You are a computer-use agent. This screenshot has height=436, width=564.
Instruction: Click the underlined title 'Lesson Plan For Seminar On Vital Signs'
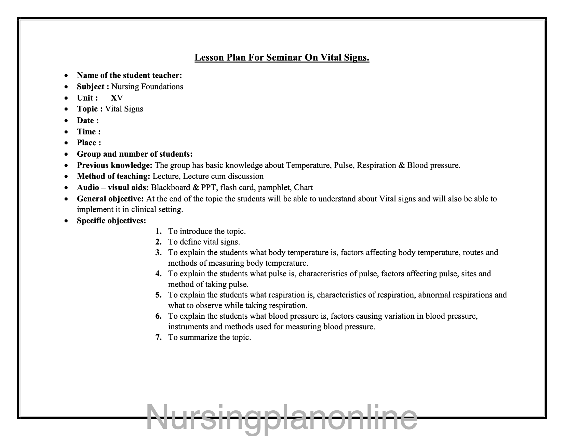coord(282,57)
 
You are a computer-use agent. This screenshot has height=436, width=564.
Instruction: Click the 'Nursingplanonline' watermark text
coord(282,417)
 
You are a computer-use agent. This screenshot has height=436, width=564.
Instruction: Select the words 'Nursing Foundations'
coord(147,87)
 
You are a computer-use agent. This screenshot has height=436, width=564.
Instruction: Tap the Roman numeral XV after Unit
coord(117,98)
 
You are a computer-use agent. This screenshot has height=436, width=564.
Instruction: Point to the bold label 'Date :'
coord(88,120)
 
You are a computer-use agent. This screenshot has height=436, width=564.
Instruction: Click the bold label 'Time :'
coord(89,132)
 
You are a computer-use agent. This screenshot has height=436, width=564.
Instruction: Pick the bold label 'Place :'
coord(89,143)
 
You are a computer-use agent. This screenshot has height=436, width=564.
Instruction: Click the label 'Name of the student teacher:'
coord(129,75)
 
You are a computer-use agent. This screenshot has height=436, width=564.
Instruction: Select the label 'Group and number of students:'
coord(135,154)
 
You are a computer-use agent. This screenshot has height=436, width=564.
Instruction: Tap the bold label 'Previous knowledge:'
coord(115,165)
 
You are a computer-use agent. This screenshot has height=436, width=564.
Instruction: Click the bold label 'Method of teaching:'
coord(113,176)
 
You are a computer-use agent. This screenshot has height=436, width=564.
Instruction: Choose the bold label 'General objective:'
coord(110,199)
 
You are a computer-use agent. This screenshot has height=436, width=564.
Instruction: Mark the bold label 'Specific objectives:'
coord(111,221)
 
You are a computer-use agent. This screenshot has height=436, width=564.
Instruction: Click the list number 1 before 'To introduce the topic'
coord(158,232)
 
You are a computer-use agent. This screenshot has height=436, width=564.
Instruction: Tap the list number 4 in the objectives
coord(158,274)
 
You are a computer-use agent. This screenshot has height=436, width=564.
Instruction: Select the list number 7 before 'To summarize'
coord(158,337)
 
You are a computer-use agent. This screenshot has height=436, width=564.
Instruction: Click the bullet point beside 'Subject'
coord(66,87)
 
